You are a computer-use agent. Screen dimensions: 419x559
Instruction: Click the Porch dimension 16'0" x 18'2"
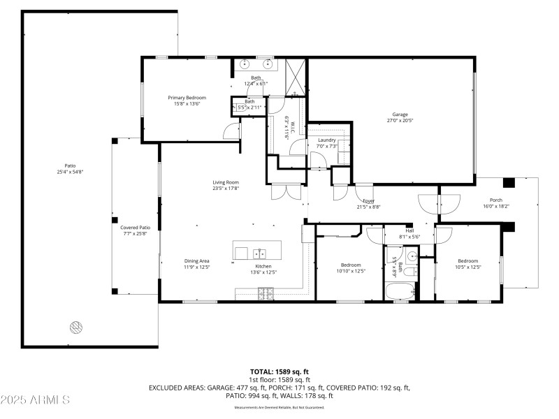[x=497, y=206]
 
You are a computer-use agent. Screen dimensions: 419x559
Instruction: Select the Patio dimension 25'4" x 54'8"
[x=70, y=172]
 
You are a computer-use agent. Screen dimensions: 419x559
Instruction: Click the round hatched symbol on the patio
[x=75, y=326]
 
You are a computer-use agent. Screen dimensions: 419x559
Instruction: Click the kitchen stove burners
[x=266, y=296]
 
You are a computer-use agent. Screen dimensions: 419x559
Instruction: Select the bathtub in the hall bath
[x=400, y=290]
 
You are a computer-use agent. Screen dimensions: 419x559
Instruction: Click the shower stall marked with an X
[x=294, y=77]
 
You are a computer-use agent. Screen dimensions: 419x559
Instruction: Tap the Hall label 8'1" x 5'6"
[x=409, y=234]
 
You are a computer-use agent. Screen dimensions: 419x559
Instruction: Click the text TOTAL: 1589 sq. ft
[x=279, y=372]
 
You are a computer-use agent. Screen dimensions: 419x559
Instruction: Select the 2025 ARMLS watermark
[x=35, y=400]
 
